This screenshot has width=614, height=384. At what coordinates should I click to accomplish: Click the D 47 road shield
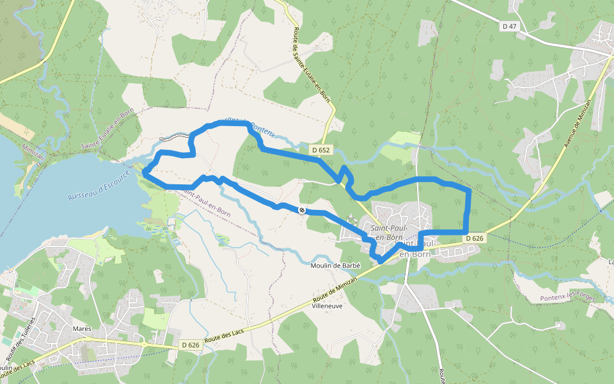coord(509,26)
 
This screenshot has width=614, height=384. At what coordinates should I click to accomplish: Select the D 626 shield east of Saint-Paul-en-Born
coord(474,238)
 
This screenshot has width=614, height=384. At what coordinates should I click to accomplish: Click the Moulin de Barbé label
coord(336,266)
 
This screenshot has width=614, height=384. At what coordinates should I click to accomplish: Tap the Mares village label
coord(83,329)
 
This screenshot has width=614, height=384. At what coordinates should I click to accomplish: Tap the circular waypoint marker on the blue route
coord(302,210)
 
